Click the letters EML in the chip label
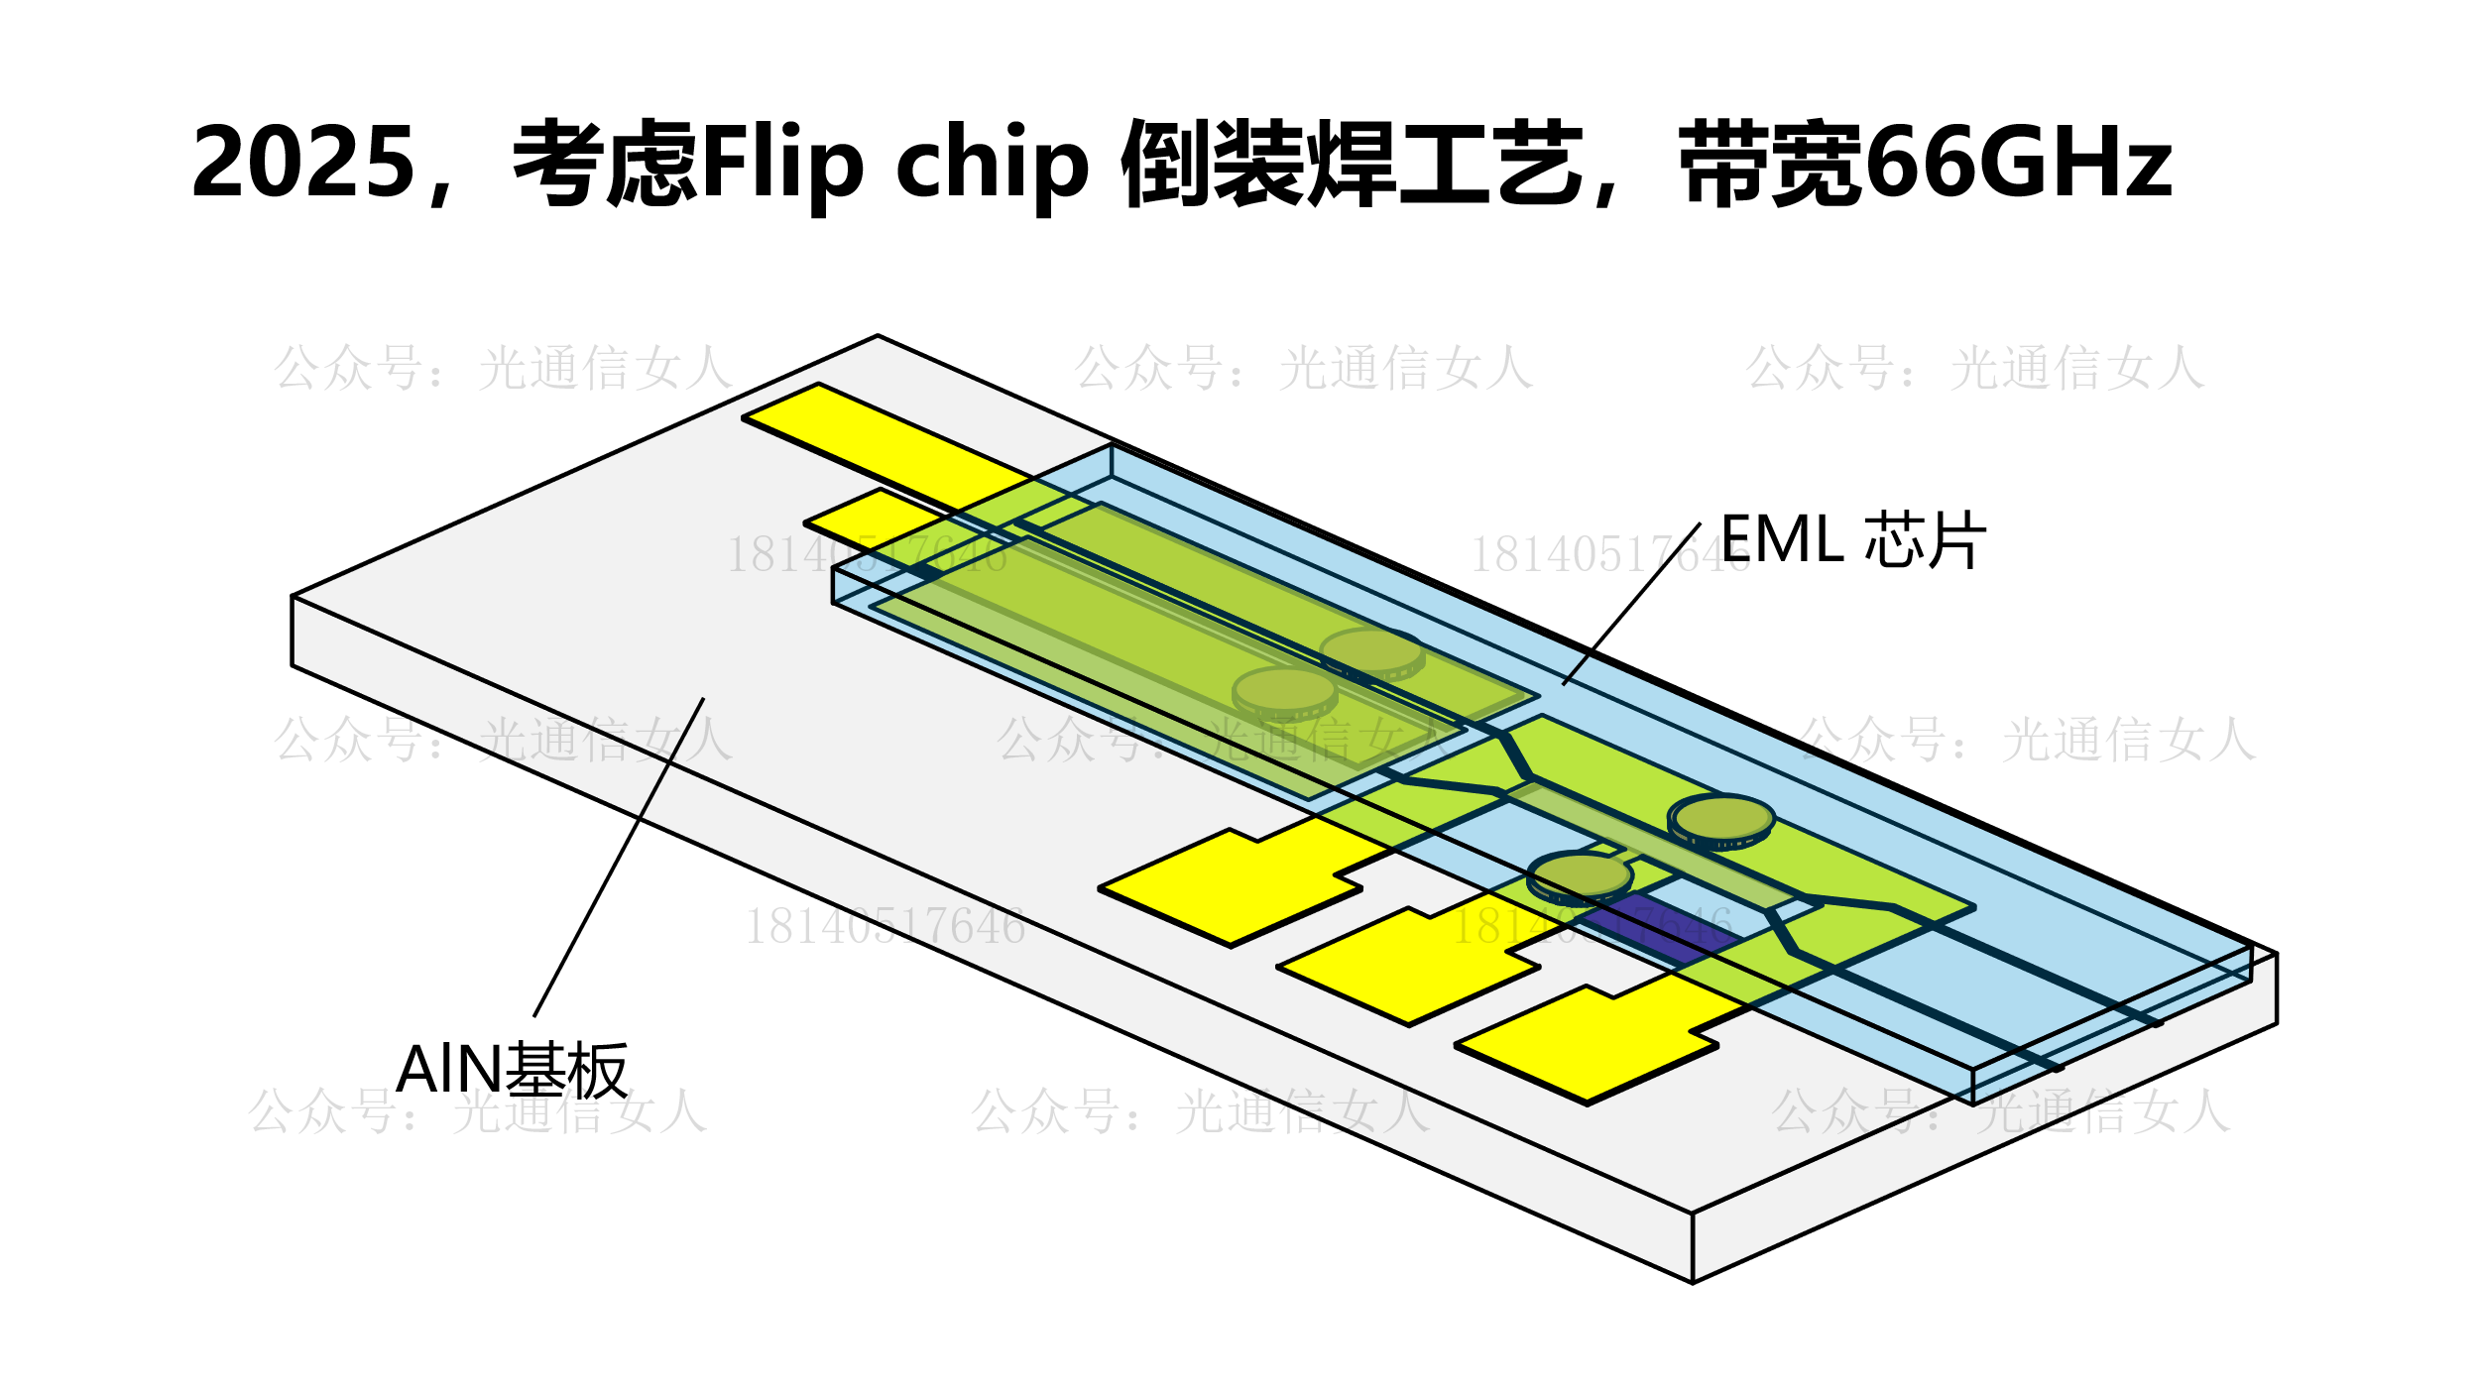[1782, 540]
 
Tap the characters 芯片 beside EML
[1925, 541]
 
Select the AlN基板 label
[512, 1071]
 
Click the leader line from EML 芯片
[1631, 604]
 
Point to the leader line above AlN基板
[619, 858]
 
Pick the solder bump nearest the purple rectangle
[1580, 875]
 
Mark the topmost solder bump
[1371, 651]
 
